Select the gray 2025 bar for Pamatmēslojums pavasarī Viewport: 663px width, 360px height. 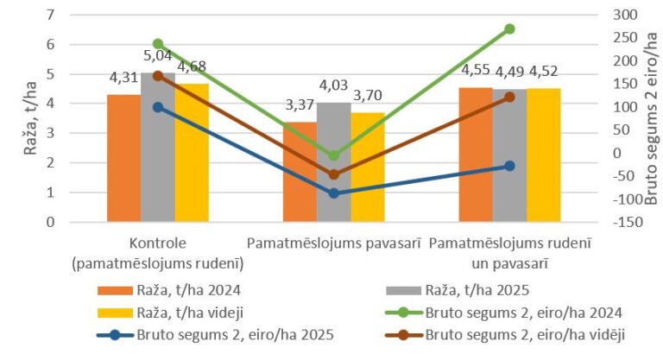(x=333, y=164)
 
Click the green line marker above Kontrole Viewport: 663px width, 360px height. (x=158, y=43)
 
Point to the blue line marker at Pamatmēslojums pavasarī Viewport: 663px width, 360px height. (x=333, y=193)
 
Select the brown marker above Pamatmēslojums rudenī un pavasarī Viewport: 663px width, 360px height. (x=509, y=97)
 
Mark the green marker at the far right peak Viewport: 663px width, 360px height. (x=509, y=28)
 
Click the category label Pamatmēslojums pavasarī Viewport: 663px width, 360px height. (x=333, y=243)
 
